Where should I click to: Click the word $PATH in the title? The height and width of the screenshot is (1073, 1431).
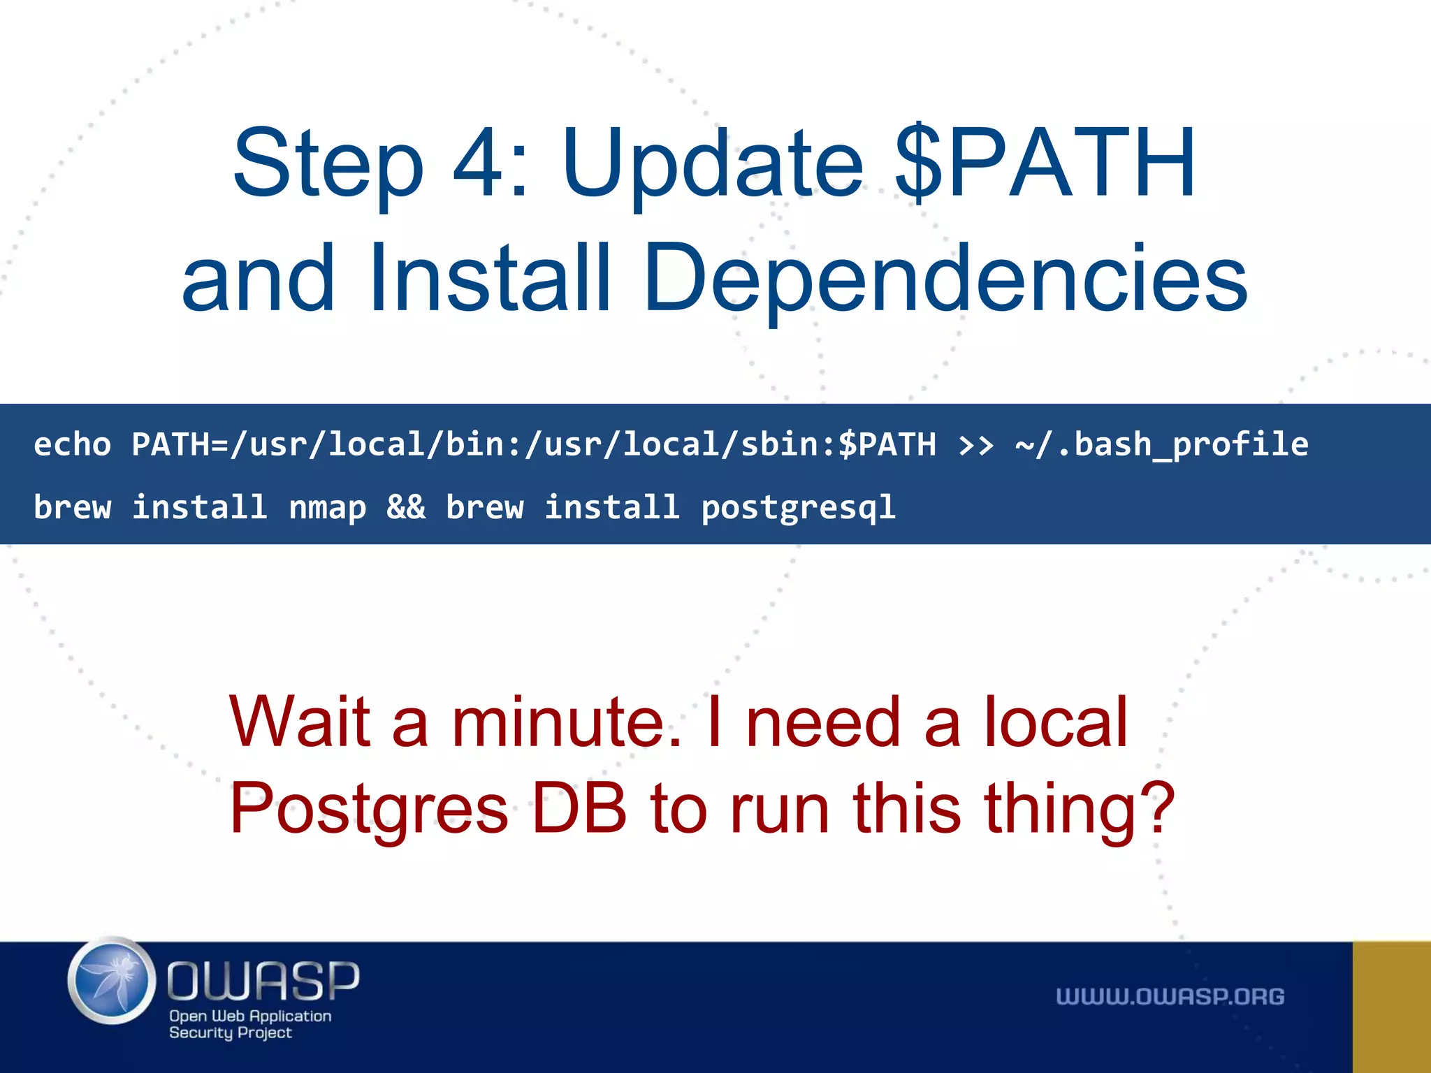pyautogui.click(x=1045, y=164)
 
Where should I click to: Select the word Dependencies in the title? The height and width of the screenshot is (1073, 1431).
pyautogui.click(x=945, y=278)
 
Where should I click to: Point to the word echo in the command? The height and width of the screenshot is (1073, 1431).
pyautogui.click(x=73, y=444)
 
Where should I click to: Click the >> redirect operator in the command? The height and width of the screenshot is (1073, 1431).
pyautogui.click(x=975, y=445)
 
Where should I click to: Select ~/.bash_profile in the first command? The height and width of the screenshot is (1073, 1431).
pyautogui.click(x=1161, y=445)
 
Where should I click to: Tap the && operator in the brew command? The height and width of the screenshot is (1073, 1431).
pyautogui.click(x=406, y=506)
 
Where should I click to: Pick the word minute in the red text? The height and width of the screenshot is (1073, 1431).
pyautogui.click(x=566, y=722)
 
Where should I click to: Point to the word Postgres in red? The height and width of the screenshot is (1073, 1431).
pyautogui.click(x=369, y=809)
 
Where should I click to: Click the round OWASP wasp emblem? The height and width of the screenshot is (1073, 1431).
pyautogui.click(x=112, y=981)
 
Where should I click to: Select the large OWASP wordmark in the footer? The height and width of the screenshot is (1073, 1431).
pyautogui.click(x=263, y=980)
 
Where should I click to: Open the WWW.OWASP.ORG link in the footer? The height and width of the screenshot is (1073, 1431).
pyautogui.click(x=1170, y=997)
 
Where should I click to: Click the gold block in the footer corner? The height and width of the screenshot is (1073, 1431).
pyautogui.click(x=1391, y=1007)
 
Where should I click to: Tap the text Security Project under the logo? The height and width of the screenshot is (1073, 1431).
pyautogui.click(x=230, y=1032)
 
